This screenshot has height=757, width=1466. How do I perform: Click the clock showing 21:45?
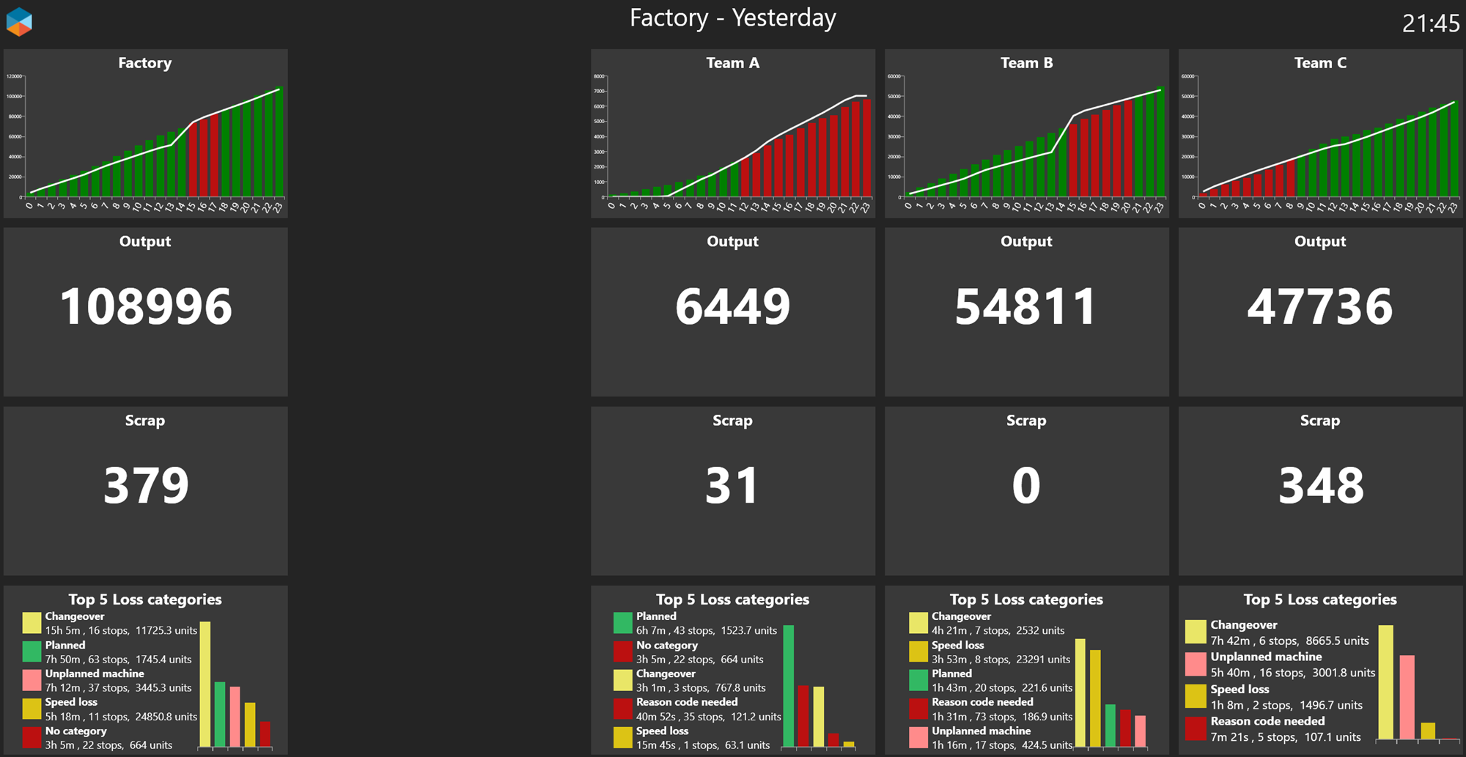pos(1430,23)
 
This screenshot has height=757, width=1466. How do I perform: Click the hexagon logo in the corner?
pos(19,22)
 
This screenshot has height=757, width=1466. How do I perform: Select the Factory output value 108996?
pos(145,306)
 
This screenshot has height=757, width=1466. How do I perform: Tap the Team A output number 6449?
pos(732,306)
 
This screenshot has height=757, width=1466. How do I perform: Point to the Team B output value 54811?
pos(1025,306)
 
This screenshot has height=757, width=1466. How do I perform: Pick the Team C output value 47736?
pos(1319,306)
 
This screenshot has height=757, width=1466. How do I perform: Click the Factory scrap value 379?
pos(145,485)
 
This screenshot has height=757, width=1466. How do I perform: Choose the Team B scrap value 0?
pos(1025,485)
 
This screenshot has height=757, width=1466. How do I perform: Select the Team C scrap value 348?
pos(1320,485)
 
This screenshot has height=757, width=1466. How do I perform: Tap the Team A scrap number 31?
pos(732,485)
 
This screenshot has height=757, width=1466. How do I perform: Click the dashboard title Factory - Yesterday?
pos(732,18)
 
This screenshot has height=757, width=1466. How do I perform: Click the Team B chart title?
pos(1026,63)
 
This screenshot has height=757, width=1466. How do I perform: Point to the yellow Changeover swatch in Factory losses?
pos(32,623)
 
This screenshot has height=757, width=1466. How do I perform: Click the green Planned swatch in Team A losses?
pos(622,623)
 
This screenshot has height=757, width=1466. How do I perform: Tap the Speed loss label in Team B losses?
pos(957,646)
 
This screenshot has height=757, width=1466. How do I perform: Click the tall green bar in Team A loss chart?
pos(789,685)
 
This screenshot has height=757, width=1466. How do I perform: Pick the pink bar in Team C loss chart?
pos(1407,696)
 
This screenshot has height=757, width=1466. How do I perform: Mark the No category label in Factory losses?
pos(75,731)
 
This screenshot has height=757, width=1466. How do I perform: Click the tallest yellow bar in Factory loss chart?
pos(205,684)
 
